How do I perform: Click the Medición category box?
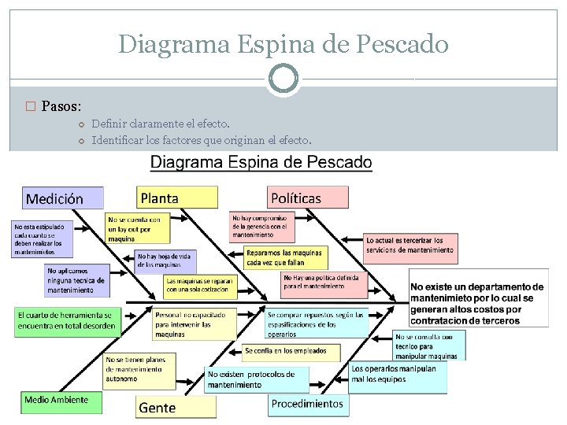click(62, 198)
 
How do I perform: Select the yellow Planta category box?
click(177, 198)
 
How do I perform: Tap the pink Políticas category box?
click(307, 198)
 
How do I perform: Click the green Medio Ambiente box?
click(61, 401)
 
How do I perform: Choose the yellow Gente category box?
click(176, 407)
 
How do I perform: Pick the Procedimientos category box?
click(307, 404)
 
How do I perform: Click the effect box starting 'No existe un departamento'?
click(477, 304)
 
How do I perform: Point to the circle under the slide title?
click(283, 79)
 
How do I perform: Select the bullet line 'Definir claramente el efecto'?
click(161, 124)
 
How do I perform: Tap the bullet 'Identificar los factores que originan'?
click(202, 141)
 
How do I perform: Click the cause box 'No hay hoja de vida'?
click(166, 260)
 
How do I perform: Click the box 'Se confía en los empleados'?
click(291, 351)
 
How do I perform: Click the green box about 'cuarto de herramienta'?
click(68, 320)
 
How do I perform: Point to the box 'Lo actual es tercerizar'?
click(409, 245)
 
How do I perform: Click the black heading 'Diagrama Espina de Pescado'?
click(261, 163)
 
